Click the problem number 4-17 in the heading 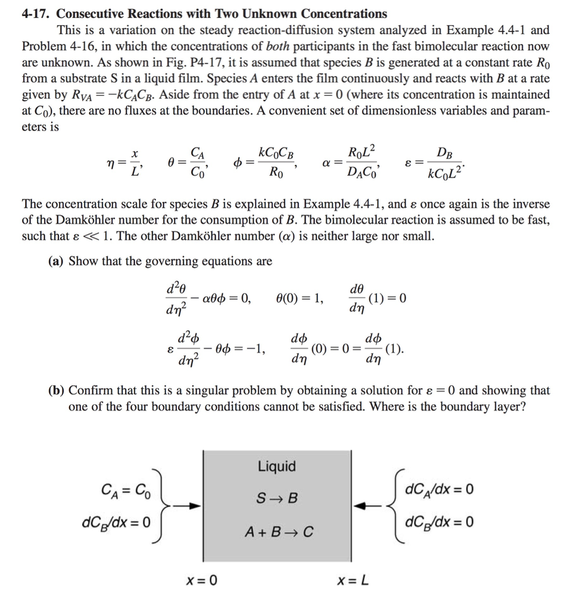[x=36, y=13]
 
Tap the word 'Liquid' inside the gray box [x=277, y=466]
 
